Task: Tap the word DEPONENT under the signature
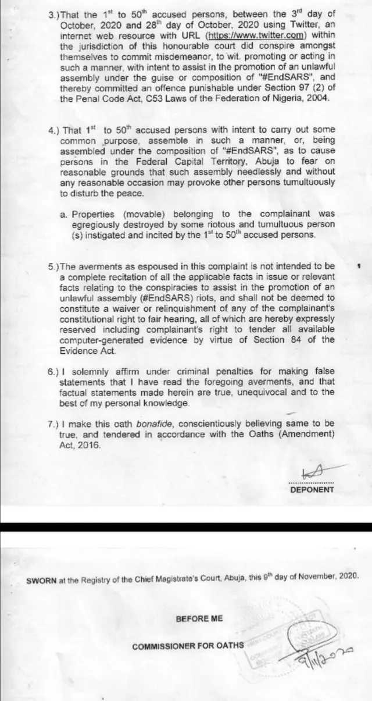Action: click(x=312, y=489)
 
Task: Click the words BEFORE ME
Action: click(x=199, y=618)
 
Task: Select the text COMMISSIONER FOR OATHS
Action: click(x=188, y=646)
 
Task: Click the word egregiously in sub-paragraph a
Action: click(x=96, y=224)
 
